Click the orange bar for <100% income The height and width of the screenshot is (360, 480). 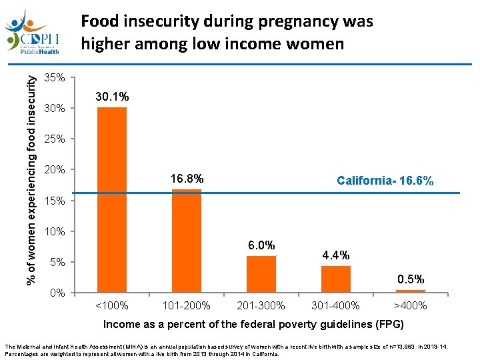(x=112, y=199)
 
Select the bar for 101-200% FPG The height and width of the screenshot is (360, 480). (x=187, y=241)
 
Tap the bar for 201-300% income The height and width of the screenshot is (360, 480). (x=261, y=274)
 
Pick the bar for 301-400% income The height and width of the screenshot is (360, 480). (x=336, y=279)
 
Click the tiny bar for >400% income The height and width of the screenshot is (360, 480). (x=411, y=291)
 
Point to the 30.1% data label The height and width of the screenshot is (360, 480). (x=112, y=97)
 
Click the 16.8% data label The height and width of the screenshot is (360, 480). (x=187, y=180)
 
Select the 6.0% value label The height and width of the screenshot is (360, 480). (x=261, y=245)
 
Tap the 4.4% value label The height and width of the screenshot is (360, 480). (x=336, y=255)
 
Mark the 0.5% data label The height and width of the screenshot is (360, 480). (x=411, y=279)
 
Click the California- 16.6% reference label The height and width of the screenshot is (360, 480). (x=385, y=181)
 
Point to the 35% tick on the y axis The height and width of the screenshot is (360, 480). (x=54, y=78)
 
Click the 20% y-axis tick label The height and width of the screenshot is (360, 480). (x=54, y=170)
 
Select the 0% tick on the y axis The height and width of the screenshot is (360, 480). (x=57, y=293)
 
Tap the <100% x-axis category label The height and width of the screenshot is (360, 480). (x=112, y=306)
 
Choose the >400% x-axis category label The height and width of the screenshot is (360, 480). (x=411, y=306)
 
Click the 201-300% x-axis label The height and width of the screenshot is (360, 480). (x=261, y=306)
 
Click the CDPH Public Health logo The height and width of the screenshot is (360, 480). (x=33, y=32)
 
